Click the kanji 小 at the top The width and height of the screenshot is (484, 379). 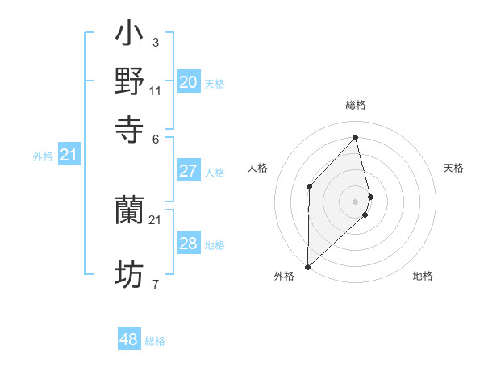tap(130, 35)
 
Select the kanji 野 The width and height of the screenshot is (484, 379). tap(130, 81)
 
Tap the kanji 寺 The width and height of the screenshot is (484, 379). tap(130, 127)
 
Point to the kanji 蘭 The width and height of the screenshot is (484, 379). tap(130, 210)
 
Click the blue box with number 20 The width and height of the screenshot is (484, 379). tap(189, 82)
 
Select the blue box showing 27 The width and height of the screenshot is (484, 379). tap(189, 171)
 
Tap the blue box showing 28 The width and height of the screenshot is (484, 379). tap(189, 244)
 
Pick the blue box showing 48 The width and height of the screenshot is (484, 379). tap(129, 339)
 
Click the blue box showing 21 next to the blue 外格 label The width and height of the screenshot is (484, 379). tap(69, 155)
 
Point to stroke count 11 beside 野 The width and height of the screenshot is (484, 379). tap(156, 90)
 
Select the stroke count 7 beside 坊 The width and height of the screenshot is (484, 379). tap(155, 284)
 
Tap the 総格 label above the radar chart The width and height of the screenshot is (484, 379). tap(356, 105)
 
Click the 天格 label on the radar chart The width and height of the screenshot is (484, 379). tap(454, 168)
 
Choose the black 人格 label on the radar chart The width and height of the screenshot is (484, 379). tap(257, 168)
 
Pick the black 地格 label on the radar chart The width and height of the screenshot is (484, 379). tap(423, 276)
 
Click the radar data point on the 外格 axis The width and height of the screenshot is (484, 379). tap(307, 266)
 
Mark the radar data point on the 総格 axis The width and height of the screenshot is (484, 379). tap(356, 137)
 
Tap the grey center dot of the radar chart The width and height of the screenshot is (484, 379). tap(356, 201)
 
